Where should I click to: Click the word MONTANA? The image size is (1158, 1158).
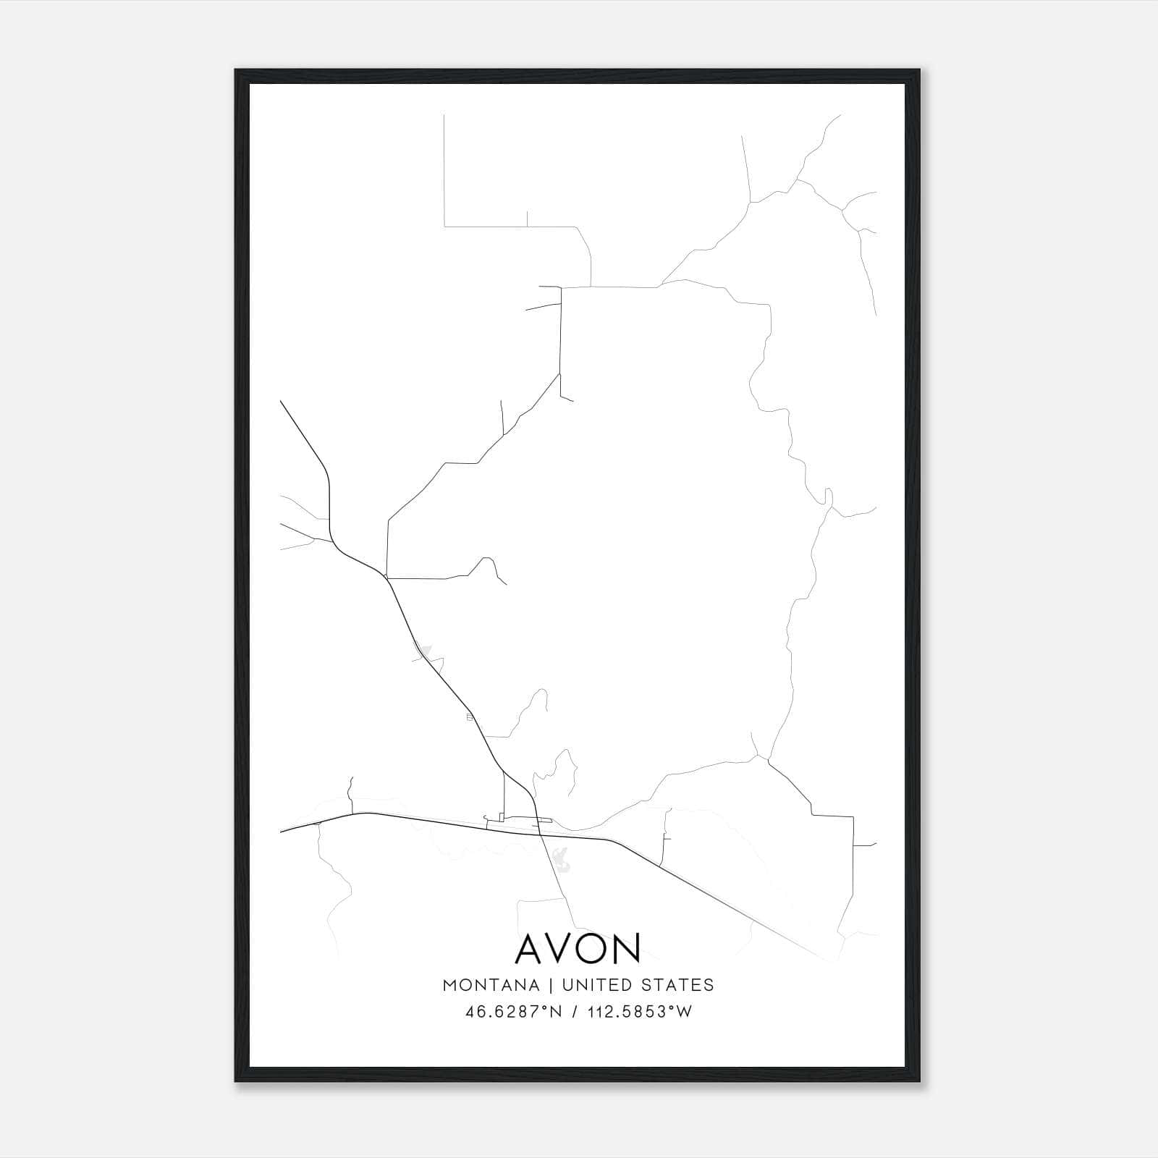(x=491, y=985)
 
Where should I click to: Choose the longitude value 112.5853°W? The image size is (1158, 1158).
(x=640, y=1012)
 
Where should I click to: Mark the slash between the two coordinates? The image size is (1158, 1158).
(x=573, y=1012)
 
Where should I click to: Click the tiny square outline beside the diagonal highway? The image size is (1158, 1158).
(x=470, y=717)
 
